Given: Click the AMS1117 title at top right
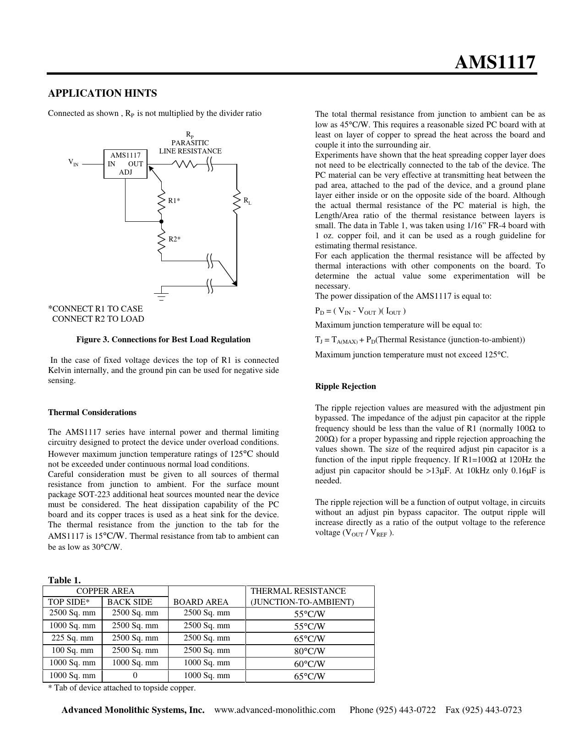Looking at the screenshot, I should coord(495,62).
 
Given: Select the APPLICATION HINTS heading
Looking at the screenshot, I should coord(102,93).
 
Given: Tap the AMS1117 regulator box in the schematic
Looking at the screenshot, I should coord(125,164).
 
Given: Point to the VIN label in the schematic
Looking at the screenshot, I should coord(73,162).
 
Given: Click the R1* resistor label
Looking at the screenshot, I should coord(174,201).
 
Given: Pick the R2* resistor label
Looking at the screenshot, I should coord(175,239).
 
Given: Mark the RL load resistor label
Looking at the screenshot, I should coord(247,201).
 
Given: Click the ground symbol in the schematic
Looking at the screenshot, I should coord(161,293).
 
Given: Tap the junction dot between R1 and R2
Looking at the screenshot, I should coord(161,221).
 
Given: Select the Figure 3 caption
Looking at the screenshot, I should coord(163,340).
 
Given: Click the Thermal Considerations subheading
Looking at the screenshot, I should coord(92,412).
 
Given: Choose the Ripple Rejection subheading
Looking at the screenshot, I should coord(345,386).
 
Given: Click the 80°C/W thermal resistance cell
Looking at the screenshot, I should coord(310,651).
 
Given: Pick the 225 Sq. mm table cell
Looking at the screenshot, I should coord(72,638).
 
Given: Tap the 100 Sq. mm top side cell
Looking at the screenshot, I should coord(72,651).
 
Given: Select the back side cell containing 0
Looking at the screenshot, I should coord(135,675).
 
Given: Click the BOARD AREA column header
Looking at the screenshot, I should coord(201,602).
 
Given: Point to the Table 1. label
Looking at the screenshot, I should coord(64,581).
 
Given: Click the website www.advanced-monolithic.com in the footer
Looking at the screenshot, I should coord(275,710).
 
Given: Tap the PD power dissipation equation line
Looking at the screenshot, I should coord(360,312).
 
